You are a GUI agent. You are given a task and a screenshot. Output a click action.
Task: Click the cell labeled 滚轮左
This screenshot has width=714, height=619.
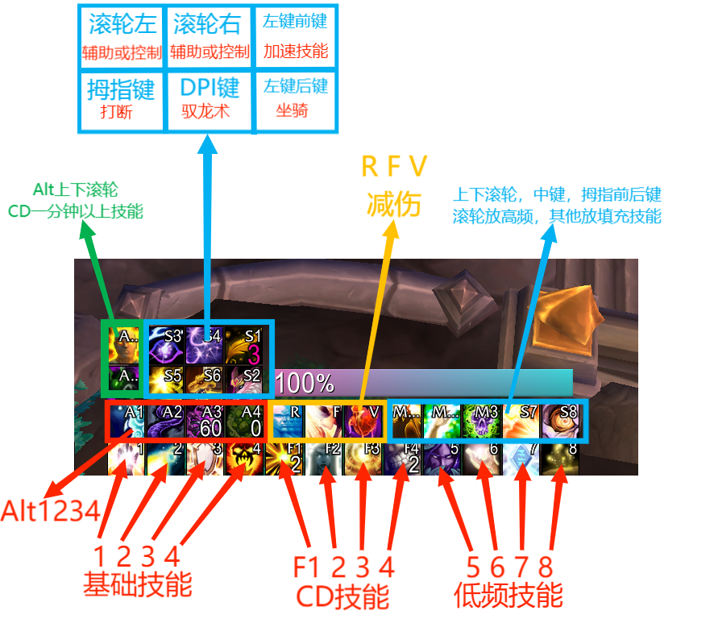point(121,37)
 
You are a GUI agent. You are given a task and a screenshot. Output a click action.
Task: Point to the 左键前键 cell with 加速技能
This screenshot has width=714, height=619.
point(296,37)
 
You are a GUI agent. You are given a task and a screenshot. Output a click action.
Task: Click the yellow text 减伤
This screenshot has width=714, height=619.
point(394,205)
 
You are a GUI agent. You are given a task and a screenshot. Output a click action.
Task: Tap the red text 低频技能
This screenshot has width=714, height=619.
point(509,596)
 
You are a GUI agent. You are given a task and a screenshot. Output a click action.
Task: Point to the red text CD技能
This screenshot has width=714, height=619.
point(343,597)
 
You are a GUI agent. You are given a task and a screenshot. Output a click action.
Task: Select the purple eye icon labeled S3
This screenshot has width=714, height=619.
point(166,345)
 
